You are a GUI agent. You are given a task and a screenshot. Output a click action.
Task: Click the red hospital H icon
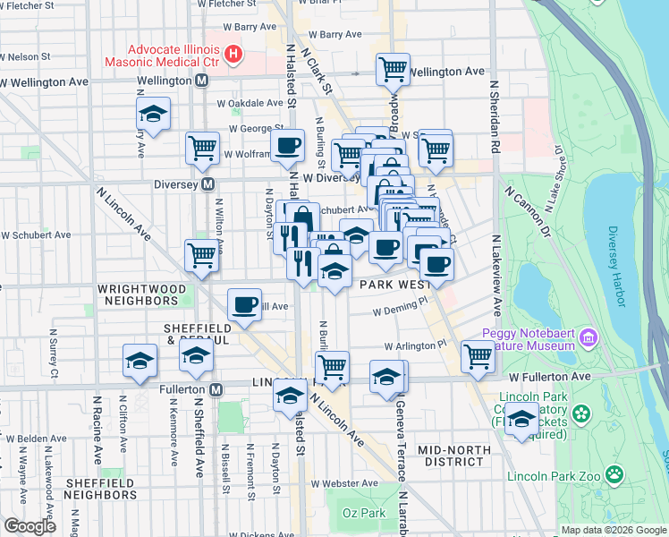pyautogui.click(x=233, y=55)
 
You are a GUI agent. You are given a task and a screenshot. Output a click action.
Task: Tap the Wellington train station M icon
pyautogui.click(x=202, y=81)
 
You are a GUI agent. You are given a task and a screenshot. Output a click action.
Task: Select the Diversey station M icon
pyautogui.click(x=207, y=184)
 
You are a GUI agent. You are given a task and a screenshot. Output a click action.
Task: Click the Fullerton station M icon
pyautogui.click(x=216, y=390)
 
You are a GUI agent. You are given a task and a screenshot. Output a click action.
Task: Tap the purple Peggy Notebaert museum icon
pyautogui.click(x=588, y=337)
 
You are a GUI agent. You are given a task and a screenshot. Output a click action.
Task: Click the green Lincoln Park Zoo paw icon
pyautogui.click(x=614, y=473)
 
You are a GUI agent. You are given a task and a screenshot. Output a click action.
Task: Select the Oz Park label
pyautogui.click(x=363, y=512)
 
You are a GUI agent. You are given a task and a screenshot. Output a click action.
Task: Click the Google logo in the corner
pyautogui.click(x=30, y=525)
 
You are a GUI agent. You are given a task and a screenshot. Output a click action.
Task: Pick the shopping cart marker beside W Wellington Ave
pyautogui.click(x=394, y=69)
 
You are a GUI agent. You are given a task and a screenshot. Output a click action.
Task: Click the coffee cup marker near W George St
pyautogui.click(x=287, y=145)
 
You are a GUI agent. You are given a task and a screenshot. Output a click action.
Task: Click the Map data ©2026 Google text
pyautogui.click(x=613, y=530)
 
